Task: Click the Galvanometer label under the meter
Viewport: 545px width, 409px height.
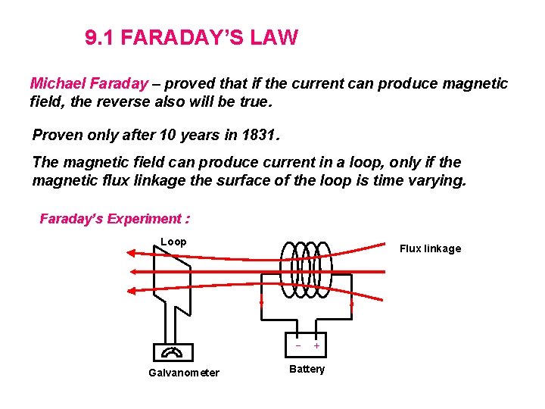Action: click(x=184, y=373)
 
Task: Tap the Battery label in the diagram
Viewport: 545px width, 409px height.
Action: click(x=307, y=369)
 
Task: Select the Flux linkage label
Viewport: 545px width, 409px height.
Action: click(x=430, y=248)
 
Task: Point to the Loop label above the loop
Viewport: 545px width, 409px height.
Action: click(x=173, y=242)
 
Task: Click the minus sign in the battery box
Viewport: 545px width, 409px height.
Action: click(x=298, y=345)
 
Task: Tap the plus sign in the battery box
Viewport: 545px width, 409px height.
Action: click(x=316, y=345)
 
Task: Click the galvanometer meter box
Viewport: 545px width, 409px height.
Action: click(x=173, y=352)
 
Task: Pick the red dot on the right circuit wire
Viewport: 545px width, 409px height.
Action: click(x=352, y=304)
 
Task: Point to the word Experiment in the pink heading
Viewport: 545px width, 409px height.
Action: click(x=144, y=219)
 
